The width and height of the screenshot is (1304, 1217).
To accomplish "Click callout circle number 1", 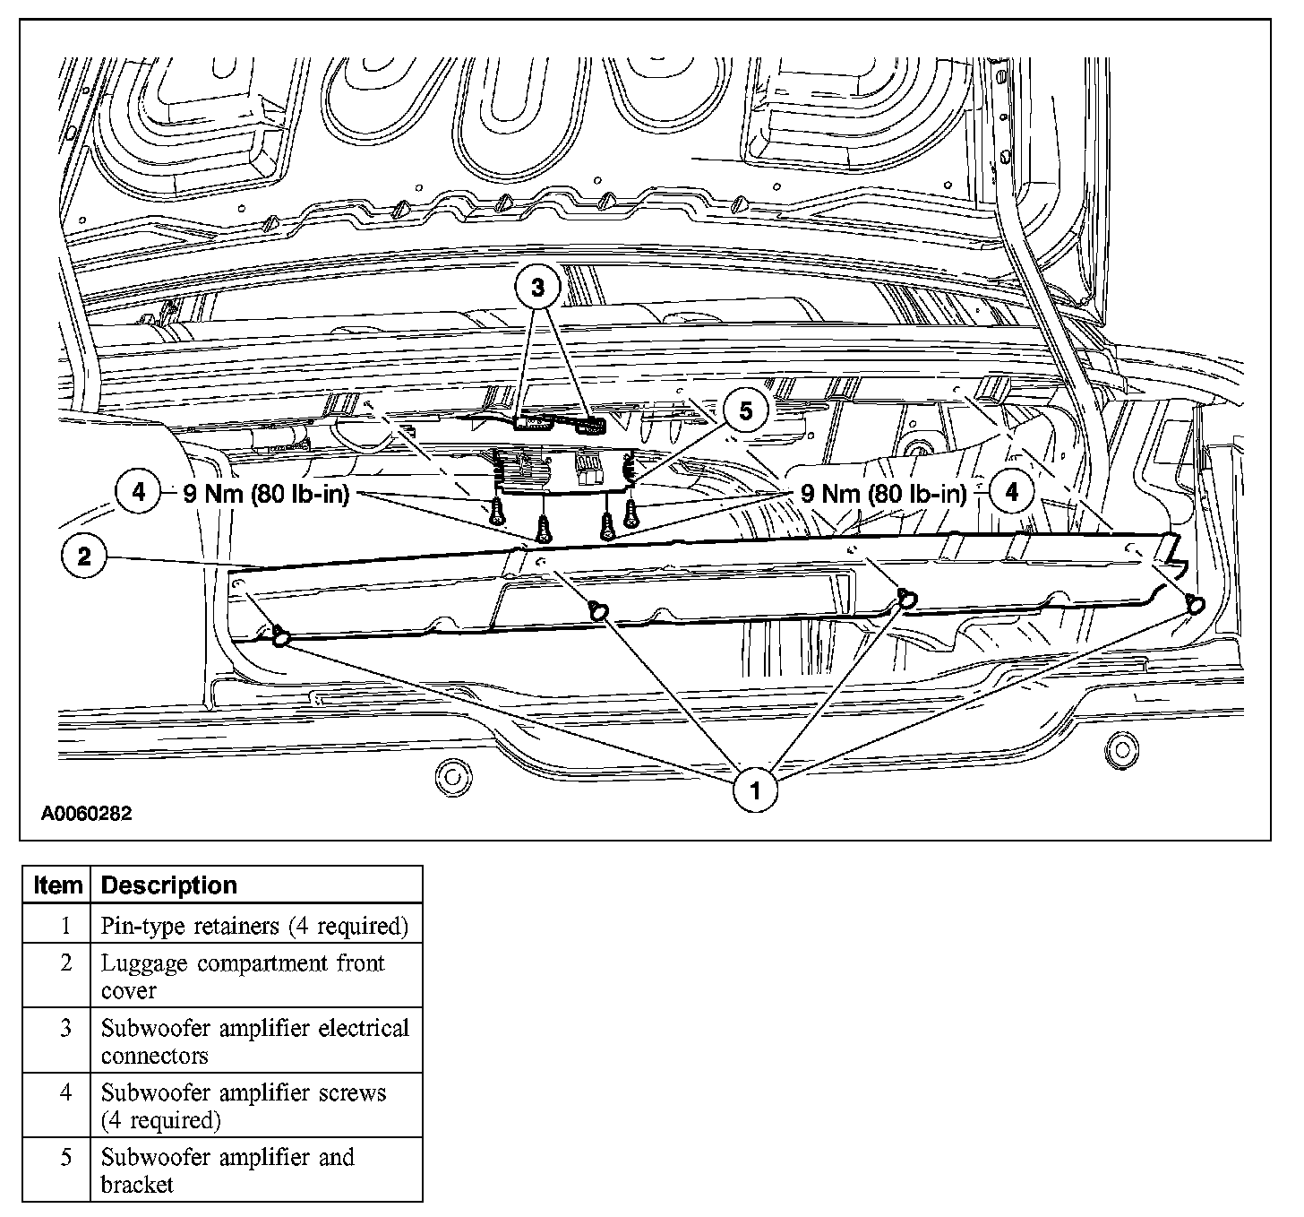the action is [x=755, y=790].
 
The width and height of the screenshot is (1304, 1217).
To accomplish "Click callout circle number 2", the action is [x=84, y=557].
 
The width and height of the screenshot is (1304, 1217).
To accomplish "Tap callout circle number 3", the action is [x=537, y=287].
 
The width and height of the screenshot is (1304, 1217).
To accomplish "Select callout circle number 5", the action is [x=745, y=411].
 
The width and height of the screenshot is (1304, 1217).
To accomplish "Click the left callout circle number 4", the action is [x=137, y=492].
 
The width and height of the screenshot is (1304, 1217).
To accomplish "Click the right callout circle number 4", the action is [x=1012, y=492].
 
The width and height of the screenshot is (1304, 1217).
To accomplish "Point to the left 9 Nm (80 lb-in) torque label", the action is [x=265, y=493].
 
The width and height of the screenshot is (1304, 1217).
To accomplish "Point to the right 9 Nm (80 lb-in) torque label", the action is [x=884, y=493].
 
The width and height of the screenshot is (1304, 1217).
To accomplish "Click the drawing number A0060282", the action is [x=86, y=814].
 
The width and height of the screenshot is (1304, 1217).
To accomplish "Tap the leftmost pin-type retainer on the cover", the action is [x=280, y=637].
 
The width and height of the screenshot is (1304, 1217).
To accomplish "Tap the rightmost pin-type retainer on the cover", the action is [x=1196, y=604].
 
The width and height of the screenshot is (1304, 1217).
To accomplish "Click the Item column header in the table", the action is [x=56, y=885].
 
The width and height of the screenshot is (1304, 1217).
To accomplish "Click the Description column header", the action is [x=169, y=885].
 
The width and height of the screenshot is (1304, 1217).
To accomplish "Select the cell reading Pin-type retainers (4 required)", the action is [x=254, y=925].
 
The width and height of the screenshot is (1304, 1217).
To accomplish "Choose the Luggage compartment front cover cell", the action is [x=242, y=976].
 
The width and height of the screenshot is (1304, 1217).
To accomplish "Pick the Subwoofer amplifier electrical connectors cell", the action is [x=254, y=1040].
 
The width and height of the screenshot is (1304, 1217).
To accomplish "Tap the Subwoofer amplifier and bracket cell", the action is [x=227, y=1170].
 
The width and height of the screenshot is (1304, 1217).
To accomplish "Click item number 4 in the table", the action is [x=65, y=1092].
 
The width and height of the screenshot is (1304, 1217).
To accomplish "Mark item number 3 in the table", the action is [x=65, y=1028].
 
